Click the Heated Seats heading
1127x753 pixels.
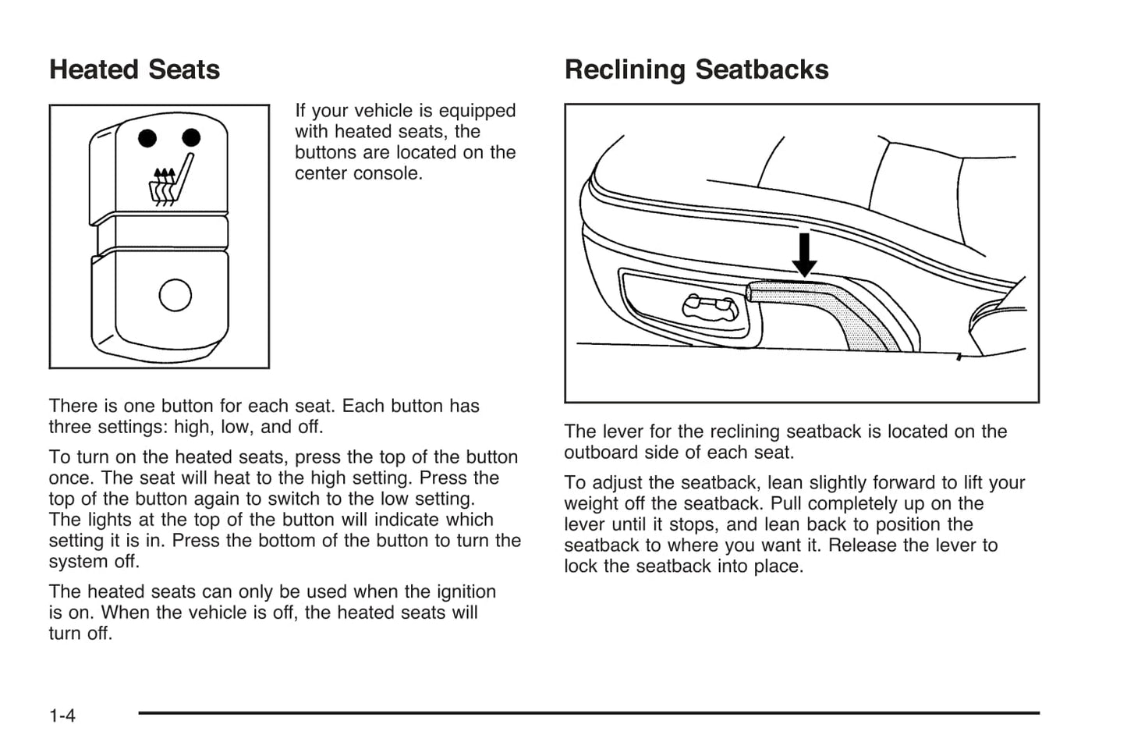[x=134, y=70]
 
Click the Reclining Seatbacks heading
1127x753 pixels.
[x=696, y=70]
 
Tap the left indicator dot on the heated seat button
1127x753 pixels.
[x=147, y=139]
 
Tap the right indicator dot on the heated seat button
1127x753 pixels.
[x=191, y=138]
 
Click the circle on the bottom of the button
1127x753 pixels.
[x=175, y=295]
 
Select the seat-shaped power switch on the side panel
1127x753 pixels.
[x=709, y=307]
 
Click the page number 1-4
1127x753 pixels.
[x=62, y=716]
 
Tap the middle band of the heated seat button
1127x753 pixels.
[x=161, y=232]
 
